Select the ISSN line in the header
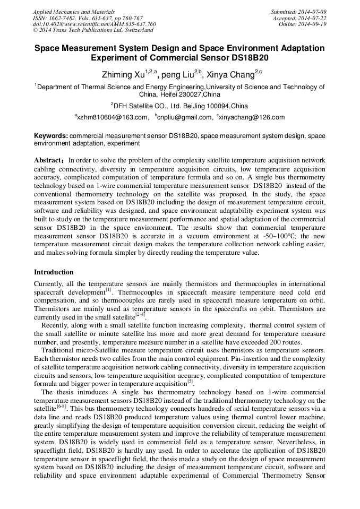click(x=88, y=18)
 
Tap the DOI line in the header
click(x=94, y=24)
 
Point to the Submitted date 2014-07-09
click(x=299, y=12)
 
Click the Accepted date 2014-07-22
click(x=300, y=18)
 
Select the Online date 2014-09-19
click(x=303, y=24)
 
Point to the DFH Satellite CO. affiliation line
click(x=179, y=106)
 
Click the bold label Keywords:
click(x=51, y=136)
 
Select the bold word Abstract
click(x=48, y=160)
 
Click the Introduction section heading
click(x=54, y=272)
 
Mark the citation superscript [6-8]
click(x=62, y=408)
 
